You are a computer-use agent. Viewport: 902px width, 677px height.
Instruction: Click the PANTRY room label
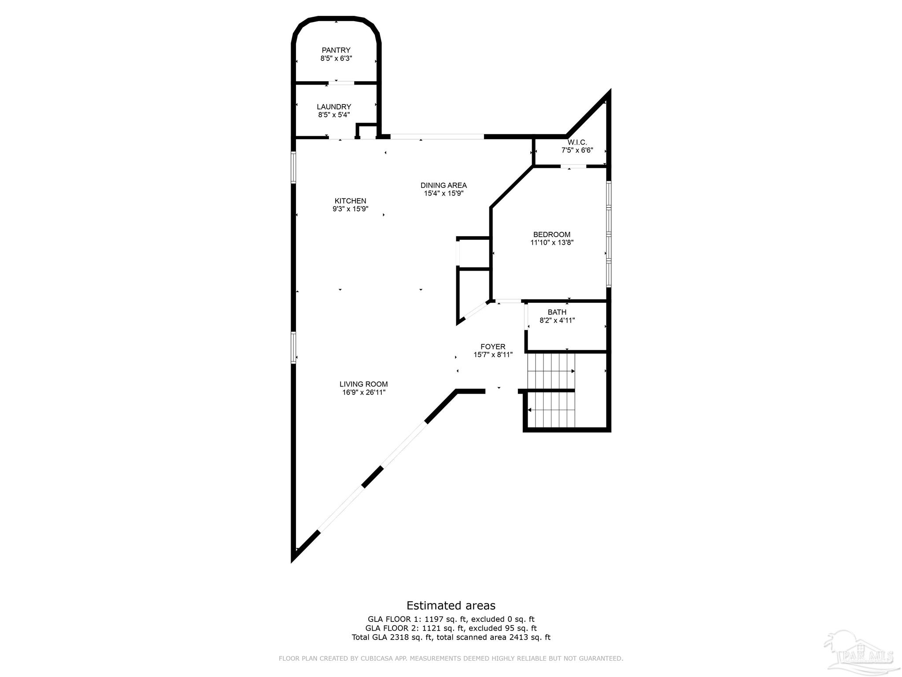336,50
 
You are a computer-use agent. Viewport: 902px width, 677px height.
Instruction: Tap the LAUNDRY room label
334,107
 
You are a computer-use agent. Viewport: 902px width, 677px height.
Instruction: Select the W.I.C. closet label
577,142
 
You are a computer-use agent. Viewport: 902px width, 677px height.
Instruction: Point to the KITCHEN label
350,201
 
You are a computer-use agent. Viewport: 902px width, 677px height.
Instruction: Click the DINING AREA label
444,185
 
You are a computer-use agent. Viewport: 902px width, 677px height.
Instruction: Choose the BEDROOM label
551,234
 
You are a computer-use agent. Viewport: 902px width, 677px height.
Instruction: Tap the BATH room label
557,312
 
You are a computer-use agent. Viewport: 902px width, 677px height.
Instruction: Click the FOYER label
493,347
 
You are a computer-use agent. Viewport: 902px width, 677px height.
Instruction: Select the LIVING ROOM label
363,384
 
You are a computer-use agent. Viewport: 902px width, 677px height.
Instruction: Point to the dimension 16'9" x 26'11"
364,392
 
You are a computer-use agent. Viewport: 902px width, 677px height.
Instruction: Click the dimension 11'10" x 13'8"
552,242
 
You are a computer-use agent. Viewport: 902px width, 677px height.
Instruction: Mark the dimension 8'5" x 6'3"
336,58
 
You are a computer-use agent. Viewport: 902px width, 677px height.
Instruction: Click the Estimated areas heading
451,606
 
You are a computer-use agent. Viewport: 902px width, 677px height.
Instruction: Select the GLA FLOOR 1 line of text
451,619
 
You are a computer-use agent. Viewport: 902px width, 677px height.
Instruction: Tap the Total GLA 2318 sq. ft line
451,637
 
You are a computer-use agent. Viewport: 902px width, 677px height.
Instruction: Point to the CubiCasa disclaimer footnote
451,658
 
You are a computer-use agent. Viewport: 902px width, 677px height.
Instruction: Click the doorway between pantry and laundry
341,82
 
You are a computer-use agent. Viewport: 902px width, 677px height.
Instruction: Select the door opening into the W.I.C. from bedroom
573,167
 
